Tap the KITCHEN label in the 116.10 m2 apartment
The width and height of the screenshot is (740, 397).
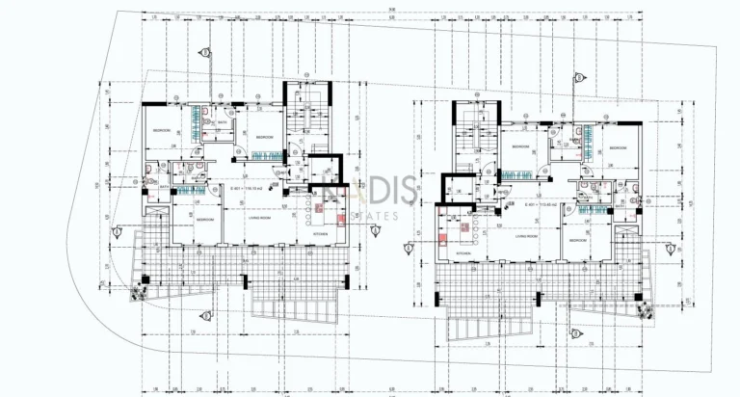[321, 233]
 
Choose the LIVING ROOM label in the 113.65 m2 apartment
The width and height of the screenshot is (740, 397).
[526, 235]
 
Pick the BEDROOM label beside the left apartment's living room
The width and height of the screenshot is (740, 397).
[204, 219]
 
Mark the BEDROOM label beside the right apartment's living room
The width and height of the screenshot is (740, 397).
[577, 239]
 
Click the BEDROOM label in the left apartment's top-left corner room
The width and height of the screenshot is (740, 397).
[161, 130]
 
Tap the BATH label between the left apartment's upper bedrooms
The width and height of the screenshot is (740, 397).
[222, 123]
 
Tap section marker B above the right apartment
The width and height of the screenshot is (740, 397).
[577, 76]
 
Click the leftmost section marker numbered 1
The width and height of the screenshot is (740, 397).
[117, 231]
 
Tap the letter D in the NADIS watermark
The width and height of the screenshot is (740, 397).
[370, 196]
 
